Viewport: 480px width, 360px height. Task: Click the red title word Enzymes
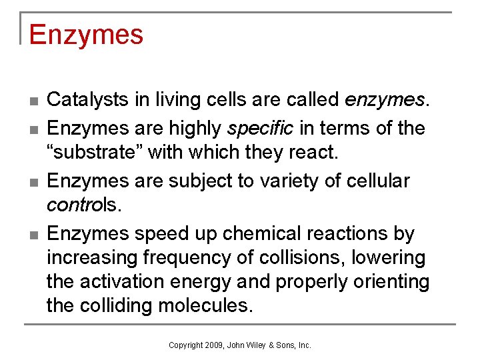86,35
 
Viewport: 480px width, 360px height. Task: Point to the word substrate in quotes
93,153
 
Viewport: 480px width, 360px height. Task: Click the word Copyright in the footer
186,345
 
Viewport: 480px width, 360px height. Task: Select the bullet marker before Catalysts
33,101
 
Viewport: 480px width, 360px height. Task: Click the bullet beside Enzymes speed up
33,235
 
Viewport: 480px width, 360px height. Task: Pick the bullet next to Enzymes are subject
33,182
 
